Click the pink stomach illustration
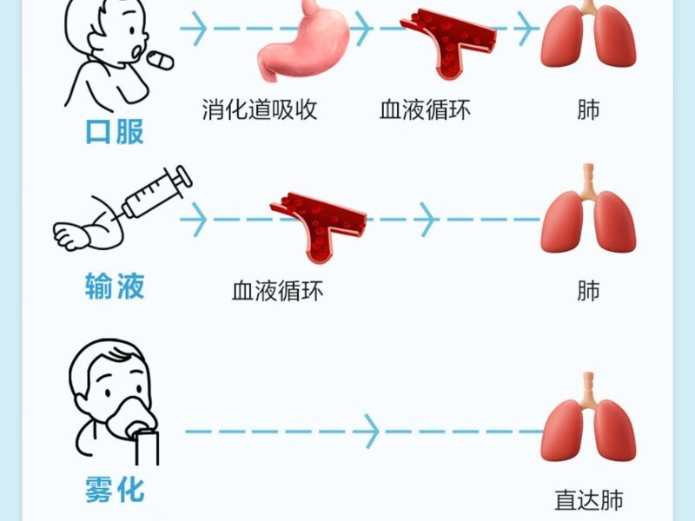point(303,42)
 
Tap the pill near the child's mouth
point(160,60)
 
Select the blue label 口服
point(115,132)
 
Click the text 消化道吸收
point(260,109)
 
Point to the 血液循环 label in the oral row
point(425,109)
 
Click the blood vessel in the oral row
point(447,42)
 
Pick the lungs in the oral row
point(588,35)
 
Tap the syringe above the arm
point(150,195)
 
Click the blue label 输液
point(115,287)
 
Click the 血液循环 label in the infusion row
point(278,291)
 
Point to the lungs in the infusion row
point(588,209)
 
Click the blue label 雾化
point(115,490)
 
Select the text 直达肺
point(589,500)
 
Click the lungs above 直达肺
point(588,418)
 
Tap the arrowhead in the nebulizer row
point(373,431)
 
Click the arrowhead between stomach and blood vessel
point(362,29)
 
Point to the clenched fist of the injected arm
point(70,234)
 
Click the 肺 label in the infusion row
point(588,291)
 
